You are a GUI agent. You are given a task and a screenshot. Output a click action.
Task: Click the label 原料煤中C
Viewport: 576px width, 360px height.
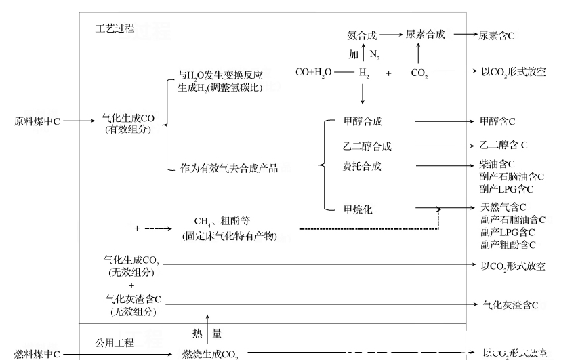point(37,121)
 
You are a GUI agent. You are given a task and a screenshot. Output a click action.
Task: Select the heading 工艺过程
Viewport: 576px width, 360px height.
point(115,28)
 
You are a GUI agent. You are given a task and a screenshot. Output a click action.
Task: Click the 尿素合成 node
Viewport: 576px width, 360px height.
point(425,35)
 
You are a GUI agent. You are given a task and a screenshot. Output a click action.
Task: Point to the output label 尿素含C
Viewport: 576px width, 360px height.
point(496,35)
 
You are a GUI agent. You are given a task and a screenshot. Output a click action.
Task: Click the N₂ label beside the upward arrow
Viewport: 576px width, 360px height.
point(375,54)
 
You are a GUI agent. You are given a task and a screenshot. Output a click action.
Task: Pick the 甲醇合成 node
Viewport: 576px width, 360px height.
point(363,121)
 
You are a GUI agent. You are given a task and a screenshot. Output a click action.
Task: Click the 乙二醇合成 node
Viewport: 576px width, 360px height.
point(367,146)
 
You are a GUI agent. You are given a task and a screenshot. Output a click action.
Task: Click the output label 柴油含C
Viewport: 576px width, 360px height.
point(497,164)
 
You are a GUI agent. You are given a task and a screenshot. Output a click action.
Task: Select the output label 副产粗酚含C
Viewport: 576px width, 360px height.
point(508,245)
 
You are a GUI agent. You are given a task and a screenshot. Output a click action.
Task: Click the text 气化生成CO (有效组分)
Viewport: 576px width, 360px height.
point(128,123)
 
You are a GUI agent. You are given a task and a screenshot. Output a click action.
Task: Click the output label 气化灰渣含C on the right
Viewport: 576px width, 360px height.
point(510,306)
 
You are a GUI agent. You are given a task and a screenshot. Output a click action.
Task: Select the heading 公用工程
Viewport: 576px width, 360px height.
point(115,342)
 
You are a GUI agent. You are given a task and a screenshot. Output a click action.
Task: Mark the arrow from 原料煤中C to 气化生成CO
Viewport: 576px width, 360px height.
point(79,121)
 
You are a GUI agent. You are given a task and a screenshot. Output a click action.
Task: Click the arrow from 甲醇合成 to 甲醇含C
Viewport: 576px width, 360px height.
point(444,121)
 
